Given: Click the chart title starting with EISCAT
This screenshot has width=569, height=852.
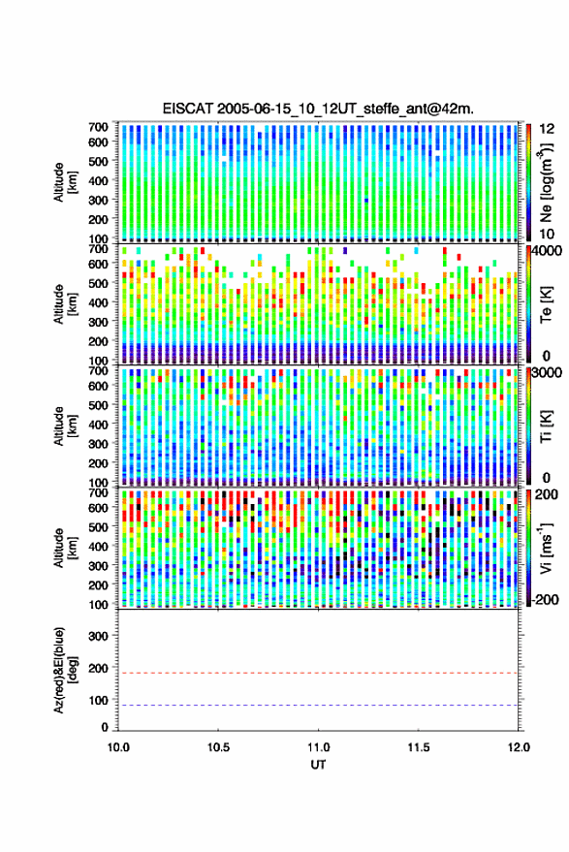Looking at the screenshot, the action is pos(318,109).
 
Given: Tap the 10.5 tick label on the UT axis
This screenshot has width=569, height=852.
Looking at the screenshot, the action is pos(218,747).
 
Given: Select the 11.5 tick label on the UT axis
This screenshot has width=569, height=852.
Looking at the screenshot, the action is pos(418,747).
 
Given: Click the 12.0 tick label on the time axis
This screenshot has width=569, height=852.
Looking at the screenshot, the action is pos(519,747).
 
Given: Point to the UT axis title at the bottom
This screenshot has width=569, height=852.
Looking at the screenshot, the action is pos(318,765).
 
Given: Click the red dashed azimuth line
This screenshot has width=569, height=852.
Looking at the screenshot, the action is pos(318,673).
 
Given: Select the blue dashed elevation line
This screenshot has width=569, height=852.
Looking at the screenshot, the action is pos(318,706).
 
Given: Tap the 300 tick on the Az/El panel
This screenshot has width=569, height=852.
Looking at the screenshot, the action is pos(98,636).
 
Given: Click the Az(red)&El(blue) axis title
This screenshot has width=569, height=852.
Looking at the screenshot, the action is pos(65,670).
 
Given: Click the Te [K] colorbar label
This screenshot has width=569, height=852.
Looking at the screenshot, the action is pos(546,304).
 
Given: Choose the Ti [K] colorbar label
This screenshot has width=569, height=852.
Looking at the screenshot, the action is pos(546,426).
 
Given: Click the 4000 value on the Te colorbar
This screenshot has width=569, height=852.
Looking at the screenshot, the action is pos(547,252).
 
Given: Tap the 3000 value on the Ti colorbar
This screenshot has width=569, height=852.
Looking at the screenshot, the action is pos(547,373).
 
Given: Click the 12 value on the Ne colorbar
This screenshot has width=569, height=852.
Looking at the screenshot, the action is pos(547,129).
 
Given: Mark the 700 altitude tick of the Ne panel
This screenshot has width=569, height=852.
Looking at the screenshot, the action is pos(98,127).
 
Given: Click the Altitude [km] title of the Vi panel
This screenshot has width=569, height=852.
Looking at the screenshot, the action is pos(65,548).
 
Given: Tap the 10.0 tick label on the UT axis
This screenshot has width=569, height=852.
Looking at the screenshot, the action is pos(118,747).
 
